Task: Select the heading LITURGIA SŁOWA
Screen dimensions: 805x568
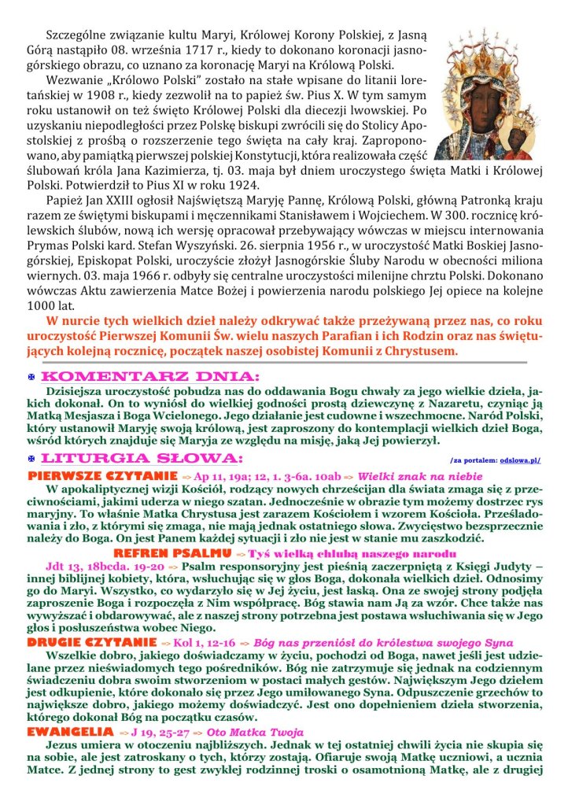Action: coord(142,457)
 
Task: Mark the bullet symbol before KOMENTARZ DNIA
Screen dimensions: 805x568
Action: coord(31,378)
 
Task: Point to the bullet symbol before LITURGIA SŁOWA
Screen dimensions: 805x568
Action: coord(31,458)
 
